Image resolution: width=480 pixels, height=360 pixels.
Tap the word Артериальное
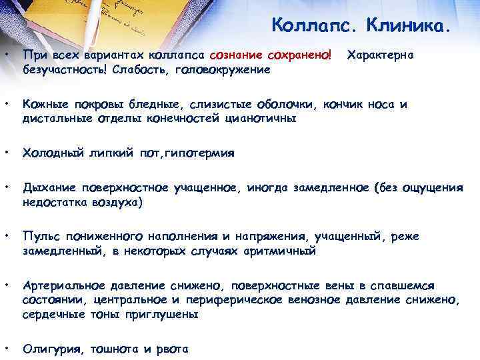[x=65, y=285]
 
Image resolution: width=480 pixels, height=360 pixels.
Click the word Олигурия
[x=49, y=348]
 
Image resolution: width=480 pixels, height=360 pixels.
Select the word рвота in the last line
[x=174, y=348]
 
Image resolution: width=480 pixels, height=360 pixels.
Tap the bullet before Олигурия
[x=7, y=347]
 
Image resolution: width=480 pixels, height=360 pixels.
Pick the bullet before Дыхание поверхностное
[x=7, y=187]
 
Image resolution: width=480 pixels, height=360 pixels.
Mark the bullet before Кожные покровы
[x=7, y=103]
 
